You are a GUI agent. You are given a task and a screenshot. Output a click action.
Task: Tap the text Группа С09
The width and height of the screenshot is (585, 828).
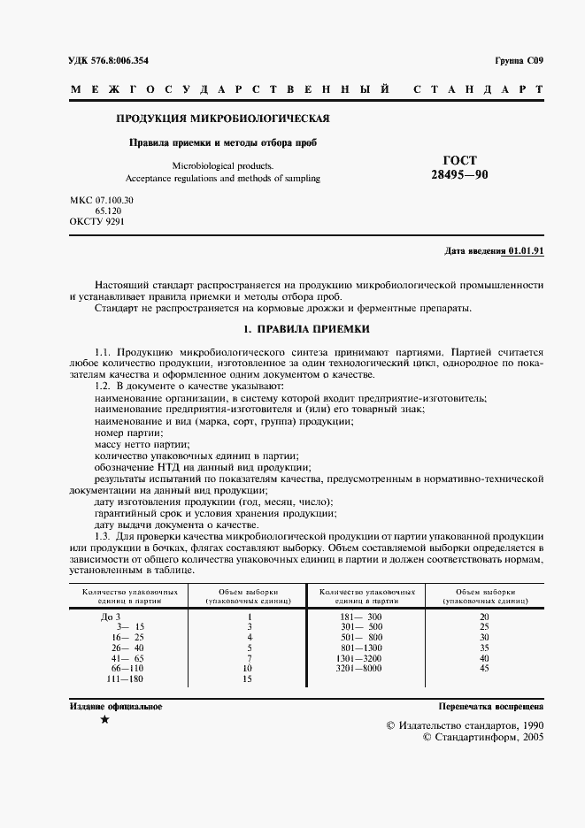(x=519, y=61)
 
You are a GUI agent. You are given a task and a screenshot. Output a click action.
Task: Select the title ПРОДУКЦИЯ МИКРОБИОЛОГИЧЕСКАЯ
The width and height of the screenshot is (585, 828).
(x=224, y=119)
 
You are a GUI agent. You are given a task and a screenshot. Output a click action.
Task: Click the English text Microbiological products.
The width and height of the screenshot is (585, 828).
(x=223, y=165)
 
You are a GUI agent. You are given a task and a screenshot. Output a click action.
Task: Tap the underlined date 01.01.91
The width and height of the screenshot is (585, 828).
(x=526, y=251)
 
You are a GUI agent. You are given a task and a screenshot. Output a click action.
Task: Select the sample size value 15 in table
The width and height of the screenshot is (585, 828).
(x=248, y=678)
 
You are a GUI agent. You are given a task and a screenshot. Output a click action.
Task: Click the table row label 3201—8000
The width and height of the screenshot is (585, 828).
(x=360, y=668)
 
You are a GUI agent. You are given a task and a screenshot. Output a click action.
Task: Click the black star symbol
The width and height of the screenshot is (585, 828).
(x=104, y=721)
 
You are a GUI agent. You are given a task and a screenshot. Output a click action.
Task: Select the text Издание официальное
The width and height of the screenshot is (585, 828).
(x=115, y=706)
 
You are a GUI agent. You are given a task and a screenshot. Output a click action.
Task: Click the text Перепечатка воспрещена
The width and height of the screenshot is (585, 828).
(x=491, y=707)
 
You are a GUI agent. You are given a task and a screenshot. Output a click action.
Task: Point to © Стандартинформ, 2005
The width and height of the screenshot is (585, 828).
(x=482, y=736)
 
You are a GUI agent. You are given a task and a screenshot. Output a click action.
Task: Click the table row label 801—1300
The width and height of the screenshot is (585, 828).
(x=360, y=647)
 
